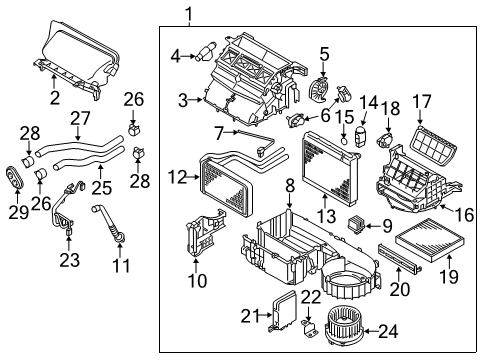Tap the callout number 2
coord(56,96)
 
